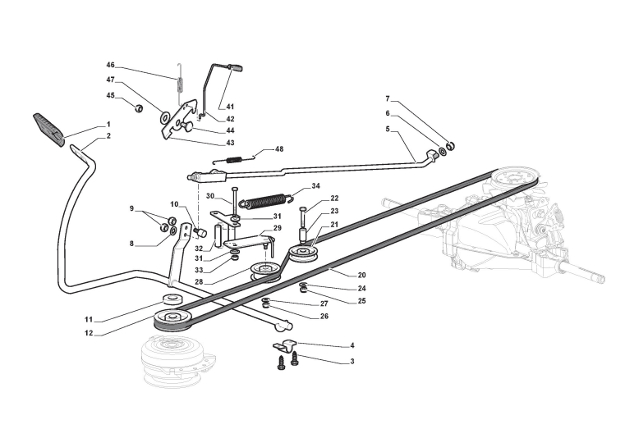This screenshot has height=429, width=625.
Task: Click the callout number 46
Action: (110, 65)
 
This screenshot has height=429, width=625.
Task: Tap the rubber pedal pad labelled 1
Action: (48, 130)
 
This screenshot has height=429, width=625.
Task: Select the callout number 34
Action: (315, 186)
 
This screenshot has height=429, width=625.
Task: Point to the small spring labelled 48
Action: (235, 160)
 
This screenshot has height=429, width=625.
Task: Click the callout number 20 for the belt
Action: (361, 275)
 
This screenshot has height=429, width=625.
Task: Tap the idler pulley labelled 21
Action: (304, 254)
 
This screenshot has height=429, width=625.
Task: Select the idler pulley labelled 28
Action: (264, 271)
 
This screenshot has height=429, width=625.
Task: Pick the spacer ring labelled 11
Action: (172, 299)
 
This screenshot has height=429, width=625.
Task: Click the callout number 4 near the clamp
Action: (352, 345)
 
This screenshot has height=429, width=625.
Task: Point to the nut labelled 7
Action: (450, 146)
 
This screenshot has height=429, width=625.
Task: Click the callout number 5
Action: (388, 129)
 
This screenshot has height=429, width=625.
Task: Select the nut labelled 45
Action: (138, 107)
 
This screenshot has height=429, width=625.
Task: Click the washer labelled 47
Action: (164, 117)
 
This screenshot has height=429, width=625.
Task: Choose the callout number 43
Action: (230, 143)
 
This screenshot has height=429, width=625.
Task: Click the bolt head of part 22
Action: (302, 209)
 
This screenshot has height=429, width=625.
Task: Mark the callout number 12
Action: (89, 333)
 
